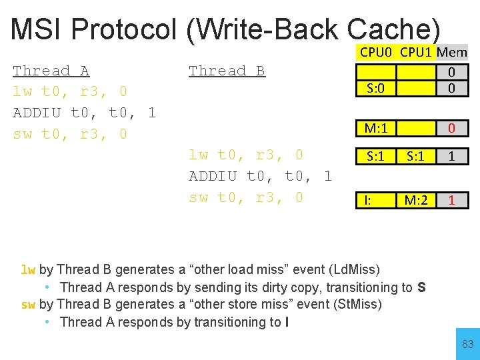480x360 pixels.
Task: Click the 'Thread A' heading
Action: (51, 71)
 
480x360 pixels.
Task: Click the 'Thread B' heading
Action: (227, 71)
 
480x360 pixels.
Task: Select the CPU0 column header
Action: (377, 52)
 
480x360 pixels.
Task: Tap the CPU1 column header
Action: (417, 52)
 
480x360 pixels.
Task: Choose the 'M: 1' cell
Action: (377, 127)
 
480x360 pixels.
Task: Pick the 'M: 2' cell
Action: (417, 199)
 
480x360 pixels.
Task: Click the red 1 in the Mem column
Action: (451, 199)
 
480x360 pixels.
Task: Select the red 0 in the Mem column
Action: (451, 127)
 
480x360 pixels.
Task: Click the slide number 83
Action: (467, 345)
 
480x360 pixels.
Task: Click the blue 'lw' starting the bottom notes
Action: (28, 270)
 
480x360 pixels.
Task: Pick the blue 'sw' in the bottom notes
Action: (28, 305)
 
